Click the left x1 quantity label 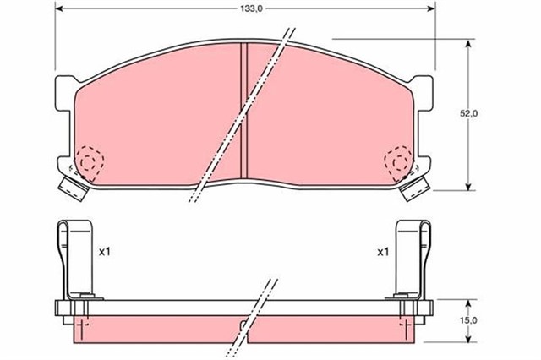[105, 252]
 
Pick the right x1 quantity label [382, 252]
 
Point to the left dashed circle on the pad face [88, 161]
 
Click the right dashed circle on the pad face [397, 161]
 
